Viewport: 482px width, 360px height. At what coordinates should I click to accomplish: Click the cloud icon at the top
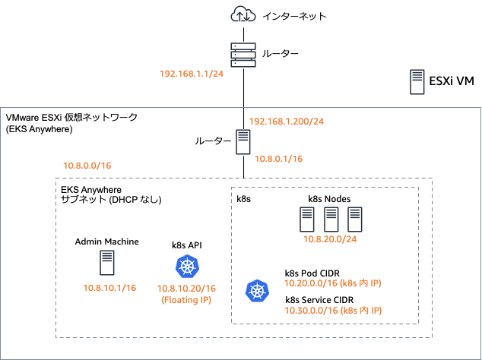tap(243, 14)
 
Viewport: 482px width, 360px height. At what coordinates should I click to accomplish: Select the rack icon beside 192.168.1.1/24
tap(243, 55)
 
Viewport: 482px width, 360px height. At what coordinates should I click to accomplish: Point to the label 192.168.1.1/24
tap(191, 74)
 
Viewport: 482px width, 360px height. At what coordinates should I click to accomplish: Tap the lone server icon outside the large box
tap(417, 82)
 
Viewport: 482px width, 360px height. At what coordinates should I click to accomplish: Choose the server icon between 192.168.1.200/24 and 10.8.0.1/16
tap(243, 143)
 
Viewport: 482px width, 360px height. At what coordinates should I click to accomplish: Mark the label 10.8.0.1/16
tap(278, 159)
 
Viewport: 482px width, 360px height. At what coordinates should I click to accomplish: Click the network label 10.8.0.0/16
tap(87, 165)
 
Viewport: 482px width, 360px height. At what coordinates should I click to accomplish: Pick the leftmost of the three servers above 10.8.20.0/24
tap(307, 219)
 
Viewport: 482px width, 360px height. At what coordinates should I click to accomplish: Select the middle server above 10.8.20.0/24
tap(331, 219)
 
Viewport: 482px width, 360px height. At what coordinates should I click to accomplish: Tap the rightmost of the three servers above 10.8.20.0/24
tap(354, 219)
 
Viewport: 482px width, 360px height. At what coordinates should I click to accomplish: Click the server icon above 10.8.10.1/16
tap(107, 263)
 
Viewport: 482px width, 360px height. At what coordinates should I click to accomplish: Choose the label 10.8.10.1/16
tap(109, 288)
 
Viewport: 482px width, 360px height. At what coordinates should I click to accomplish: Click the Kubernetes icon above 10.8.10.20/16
tap(187, 267)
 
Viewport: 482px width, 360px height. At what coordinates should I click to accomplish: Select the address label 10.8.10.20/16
tap(187, 289)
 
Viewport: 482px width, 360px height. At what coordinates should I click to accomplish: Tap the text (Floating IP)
tap(187, 299)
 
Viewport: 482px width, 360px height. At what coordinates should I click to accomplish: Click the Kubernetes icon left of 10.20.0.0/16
tap(257, 291)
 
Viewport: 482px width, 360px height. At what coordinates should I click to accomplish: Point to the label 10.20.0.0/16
tap(311, 283)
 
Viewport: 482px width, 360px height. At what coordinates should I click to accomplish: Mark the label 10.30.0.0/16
tap(311, 311)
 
